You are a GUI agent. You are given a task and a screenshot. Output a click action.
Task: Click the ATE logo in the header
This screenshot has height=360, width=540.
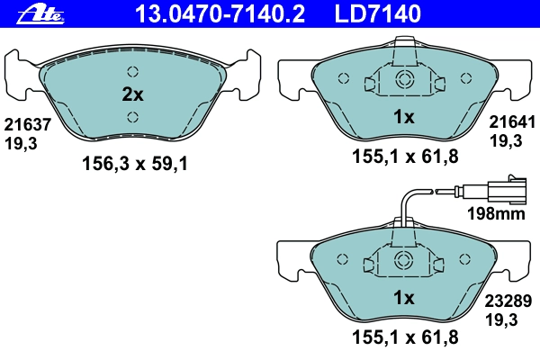click(x=40, y=14)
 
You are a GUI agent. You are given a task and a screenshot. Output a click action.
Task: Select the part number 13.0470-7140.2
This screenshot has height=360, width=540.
click(x=220, y=13)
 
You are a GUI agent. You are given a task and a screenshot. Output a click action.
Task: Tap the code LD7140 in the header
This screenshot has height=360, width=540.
click(x=378, y=13)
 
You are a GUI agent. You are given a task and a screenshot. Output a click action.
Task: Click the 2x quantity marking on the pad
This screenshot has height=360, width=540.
click(x=132, y=94)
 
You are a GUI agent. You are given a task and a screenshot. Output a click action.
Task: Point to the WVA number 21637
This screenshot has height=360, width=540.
click(x=28, y=124)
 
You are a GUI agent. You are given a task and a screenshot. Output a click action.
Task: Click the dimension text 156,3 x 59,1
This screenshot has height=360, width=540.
click(x=135, y=164)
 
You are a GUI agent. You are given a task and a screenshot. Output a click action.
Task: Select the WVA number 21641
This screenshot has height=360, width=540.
click(x=512, y=122)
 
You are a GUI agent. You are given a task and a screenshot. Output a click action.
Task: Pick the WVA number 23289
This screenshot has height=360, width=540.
click(x=508, y=301)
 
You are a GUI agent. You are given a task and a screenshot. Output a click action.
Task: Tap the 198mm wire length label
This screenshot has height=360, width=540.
click(x=496, y=213)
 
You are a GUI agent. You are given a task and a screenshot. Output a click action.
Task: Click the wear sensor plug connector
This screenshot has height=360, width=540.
click(x=506, y=190)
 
